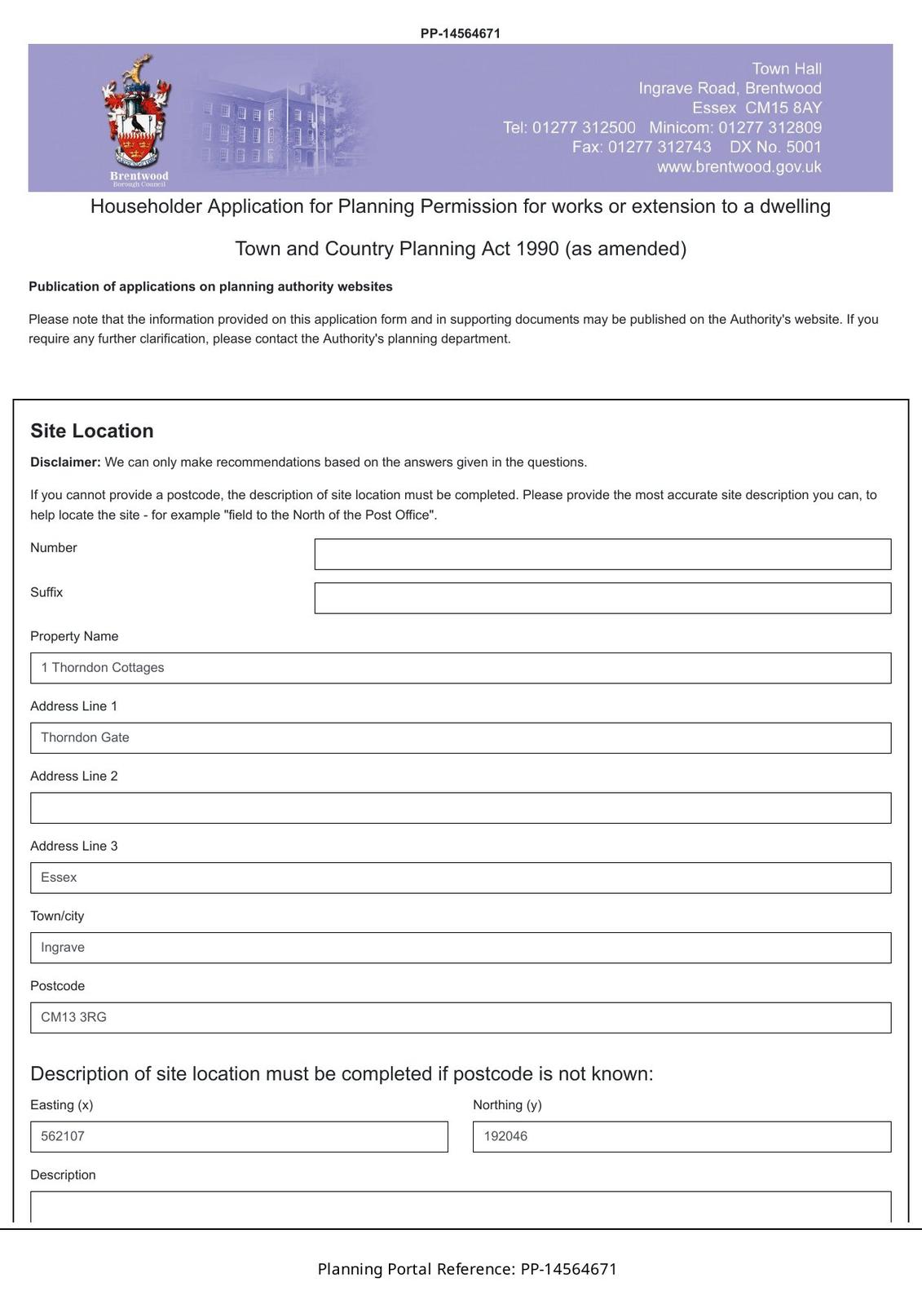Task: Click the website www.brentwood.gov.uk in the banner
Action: pyautogui.click(x=739, y=167)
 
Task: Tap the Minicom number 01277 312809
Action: pyautogui.click(x=770, y=128)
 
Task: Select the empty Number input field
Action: pyautogui.click(x=602, y=555)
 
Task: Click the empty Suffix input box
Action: pyautogui.click(x=602, y=599)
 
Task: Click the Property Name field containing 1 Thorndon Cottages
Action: pyautogui.click(x=461, y=668)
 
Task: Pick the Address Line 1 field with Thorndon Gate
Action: pyautogui.click(x=461, y=738)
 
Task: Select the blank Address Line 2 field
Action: pyautogui.click(x=461, y=808)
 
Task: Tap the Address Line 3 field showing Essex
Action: pyautogui.click(x=461, y=878)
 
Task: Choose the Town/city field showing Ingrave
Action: pyautogui.click(x=461, y=948)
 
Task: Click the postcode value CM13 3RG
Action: pyautogui.click(x=74, y=1018)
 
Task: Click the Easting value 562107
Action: pyautogui.click(x=64, y=1137)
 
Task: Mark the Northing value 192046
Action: pyautogui.click(x=505, y=1137)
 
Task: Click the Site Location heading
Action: pyautogui.click(x=92, y=431)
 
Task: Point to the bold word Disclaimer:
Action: pyautogui.click(x=65, y=462)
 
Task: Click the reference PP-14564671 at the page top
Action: pyautogui.click(x=461, y=33)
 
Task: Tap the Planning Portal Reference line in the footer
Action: pyautogui.click(x=467, y=1269)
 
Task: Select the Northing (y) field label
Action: pyautogui.click(x=507, y=1105)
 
